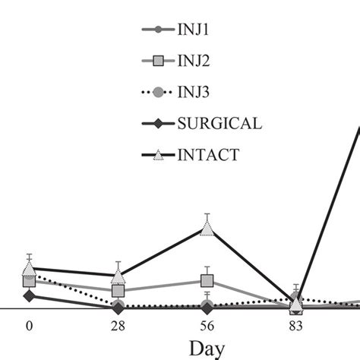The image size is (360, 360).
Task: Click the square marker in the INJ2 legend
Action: (158, 62)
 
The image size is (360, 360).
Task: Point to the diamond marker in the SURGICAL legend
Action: (158, 124)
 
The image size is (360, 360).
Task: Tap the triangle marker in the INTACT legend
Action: (158, 155)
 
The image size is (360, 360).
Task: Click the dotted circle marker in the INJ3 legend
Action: (158, 93)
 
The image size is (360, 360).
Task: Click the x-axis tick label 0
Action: (29, 326)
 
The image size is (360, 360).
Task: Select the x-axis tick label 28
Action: (118, 326)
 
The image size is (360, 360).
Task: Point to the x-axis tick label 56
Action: (207, 326)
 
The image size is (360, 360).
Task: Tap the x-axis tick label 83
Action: (296, 326)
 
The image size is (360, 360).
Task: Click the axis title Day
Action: (207, 349)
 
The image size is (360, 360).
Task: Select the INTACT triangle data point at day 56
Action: (207, 228)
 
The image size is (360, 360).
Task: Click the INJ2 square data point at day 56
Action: (207, 282)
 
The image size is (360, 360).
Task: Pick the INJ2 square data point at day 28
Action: (118, 290)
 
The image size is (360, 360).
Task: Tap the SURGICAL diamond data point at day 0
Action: (29, 295)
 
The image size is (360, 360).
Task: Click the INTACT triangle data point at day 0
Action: (29, 268)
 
